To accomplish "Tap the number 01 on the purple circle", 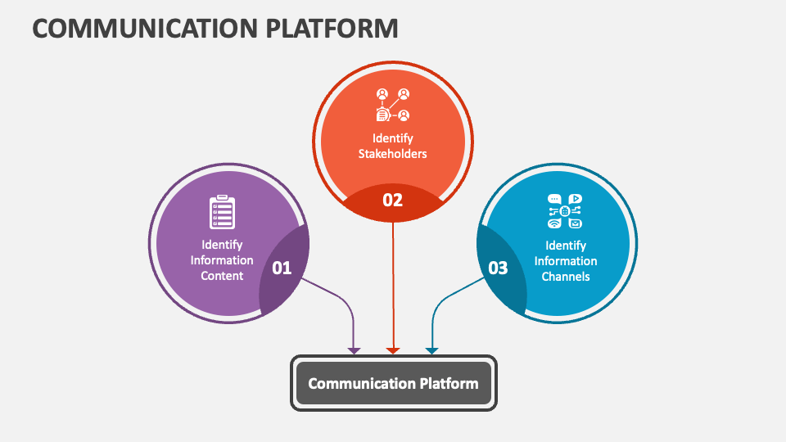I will (x=282, y=268).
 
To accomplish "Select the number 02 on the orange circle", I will (x=393, y=199).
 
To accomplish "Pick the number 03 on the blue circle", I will (x=498, y=268).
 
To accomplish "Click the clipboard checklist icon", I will (x=222, y=212).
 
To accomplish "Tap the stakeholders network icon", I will (x=392, y=106).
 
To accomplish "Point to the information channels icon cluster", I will (x=565, y=211).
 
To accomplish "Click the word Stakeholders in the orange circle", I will (x=393, y=154).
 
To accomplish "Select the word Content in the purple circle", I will (x=222, y=276).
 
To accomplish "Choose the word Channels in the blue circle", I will (x=566, y=277).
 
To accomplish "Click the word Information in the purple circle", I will (x=222, y=260).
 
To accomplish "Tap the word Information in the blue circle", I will (x=566, y=261).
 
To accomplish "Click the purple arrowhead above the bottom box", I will (x=354, y=350).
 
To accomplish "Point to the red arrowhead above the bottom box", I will (x=393, y=350).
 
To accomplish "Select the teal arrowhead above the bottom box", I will (x=431, y=350).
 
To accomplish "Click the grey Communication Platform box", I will (x=393, y=383).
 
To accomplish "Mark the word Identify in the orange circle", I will (x=393, y=138).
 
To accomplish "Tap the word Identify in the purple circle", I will (x=222, y=245).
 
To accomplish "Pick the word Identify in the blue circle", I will (x=566, y=246).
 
